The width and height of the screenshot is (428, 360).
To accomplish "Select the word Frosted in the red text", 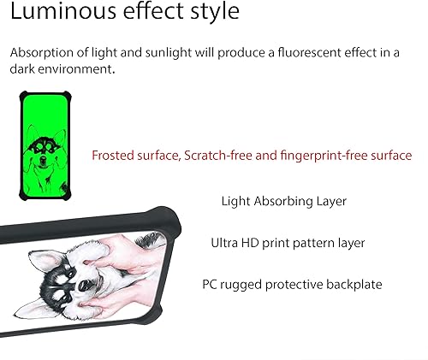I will [115, 156].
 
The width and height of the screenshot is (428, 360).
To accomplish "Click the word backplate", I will [354, 284].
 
